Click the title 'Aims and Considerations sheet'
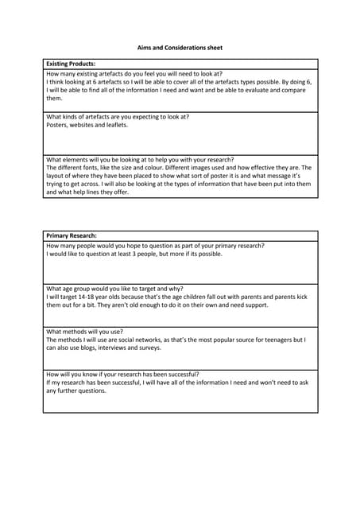[180, 48]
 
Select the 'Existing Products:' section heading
[71, 64]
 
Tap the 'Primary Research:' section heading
[72, 236]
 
